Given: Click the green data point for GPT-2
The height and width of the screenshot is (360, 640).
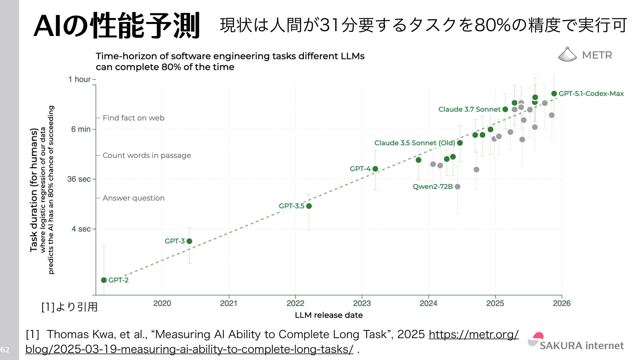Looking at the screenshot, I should (104, 280).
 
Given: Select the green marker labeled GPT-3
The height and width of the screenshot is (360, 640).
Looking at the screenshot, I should (189, 241).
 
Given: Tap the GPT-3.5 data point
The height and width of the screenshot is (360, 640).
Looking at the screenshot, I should (309, 206).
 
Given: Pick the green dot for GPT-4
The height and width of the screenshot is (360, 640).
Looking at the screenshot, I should (375, 169).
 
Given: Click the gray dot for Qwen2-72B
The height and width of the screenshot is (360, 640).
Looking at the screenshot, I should (458, 187).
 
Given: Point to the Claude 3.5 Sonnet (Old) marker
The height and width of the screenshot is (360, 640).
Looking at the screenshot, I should (460, 143).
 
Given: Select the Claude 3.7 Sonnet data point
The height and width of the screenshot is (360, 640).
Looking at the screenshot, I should (505, 109).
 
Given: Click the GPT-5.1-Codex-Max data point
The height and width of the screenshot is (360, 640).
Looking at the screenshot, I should (554, 94).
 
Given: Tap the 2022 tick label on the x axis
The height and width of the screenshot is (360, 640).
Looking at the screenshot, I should (295, 303).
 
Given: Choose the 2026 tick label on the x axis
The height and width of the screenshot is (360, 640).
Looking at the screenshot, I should (562, 303).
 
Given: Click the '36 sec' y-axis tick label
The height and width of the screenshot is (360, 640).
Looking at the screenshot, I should (79, 179).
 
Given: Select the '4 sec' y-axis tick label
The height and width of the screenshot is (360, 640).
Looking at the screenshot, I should (81, 229).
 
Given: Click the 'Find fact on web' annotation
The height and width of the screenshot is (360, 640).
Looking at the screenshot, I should (133, 118).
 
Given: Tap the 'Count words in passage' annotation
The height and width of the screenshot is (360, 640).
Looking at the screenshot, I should (147, 155).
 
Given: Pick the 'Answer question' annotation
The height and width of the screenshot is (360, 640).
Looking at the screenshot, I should (133, 198).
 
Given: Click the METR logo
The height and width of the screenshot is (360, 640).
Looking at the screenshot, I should (585, 55).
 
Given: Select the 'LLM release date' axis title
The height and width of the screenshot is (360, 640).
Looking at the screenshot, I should (329, 315).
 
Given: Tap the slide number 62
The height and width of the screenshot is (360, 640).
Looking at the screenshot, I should (5, 350).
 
